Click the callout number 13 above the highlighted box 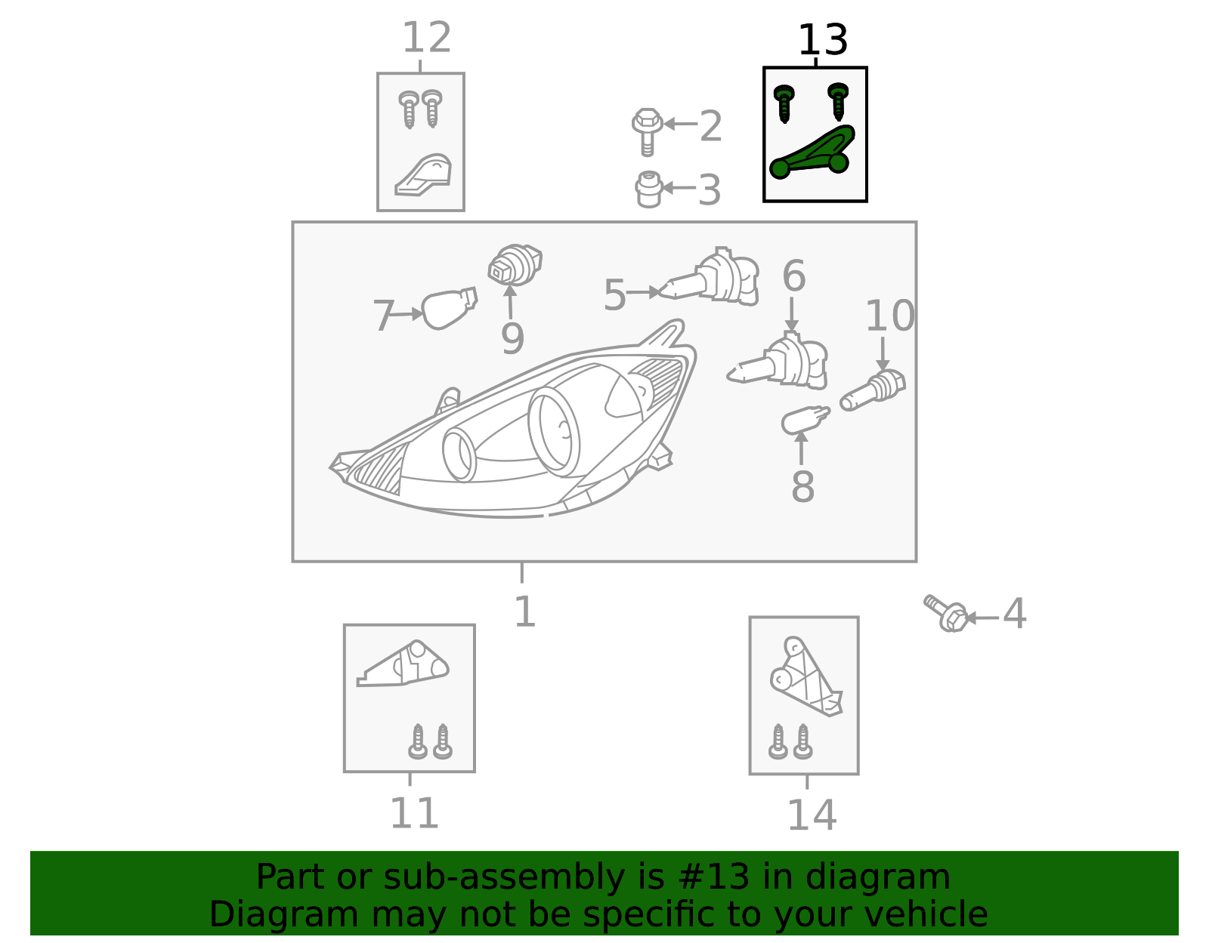pyautogui.click(x=822, y=40)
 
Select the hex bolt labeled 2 pyautogui.click(x=647, y=131)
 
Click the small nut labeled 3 pyautogui.click(x=649, y=190)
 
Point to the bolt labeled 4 pyautogui.click(x=946, y=614)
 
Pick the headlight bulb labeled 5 pyautogui.click(x=709, y=277)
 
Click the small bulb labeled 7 pyautogui.click(x=449, y=308)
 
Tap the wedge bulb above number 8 pyautogui.click(x=805, y=420)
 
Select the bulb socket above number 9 pyautogui.click(x=515, y=264)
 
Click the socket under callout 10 pyautogui.click(x=873, y=390)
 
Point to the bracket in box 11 pyautogui.click(x=403, y=664)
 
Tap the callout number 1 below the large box pyautogui.click(x=524, y=612)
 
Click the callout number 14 pyautogui.click(x=812, y=815)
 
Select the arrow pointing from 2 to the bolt pyautogui.click(x=681, y=124)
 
